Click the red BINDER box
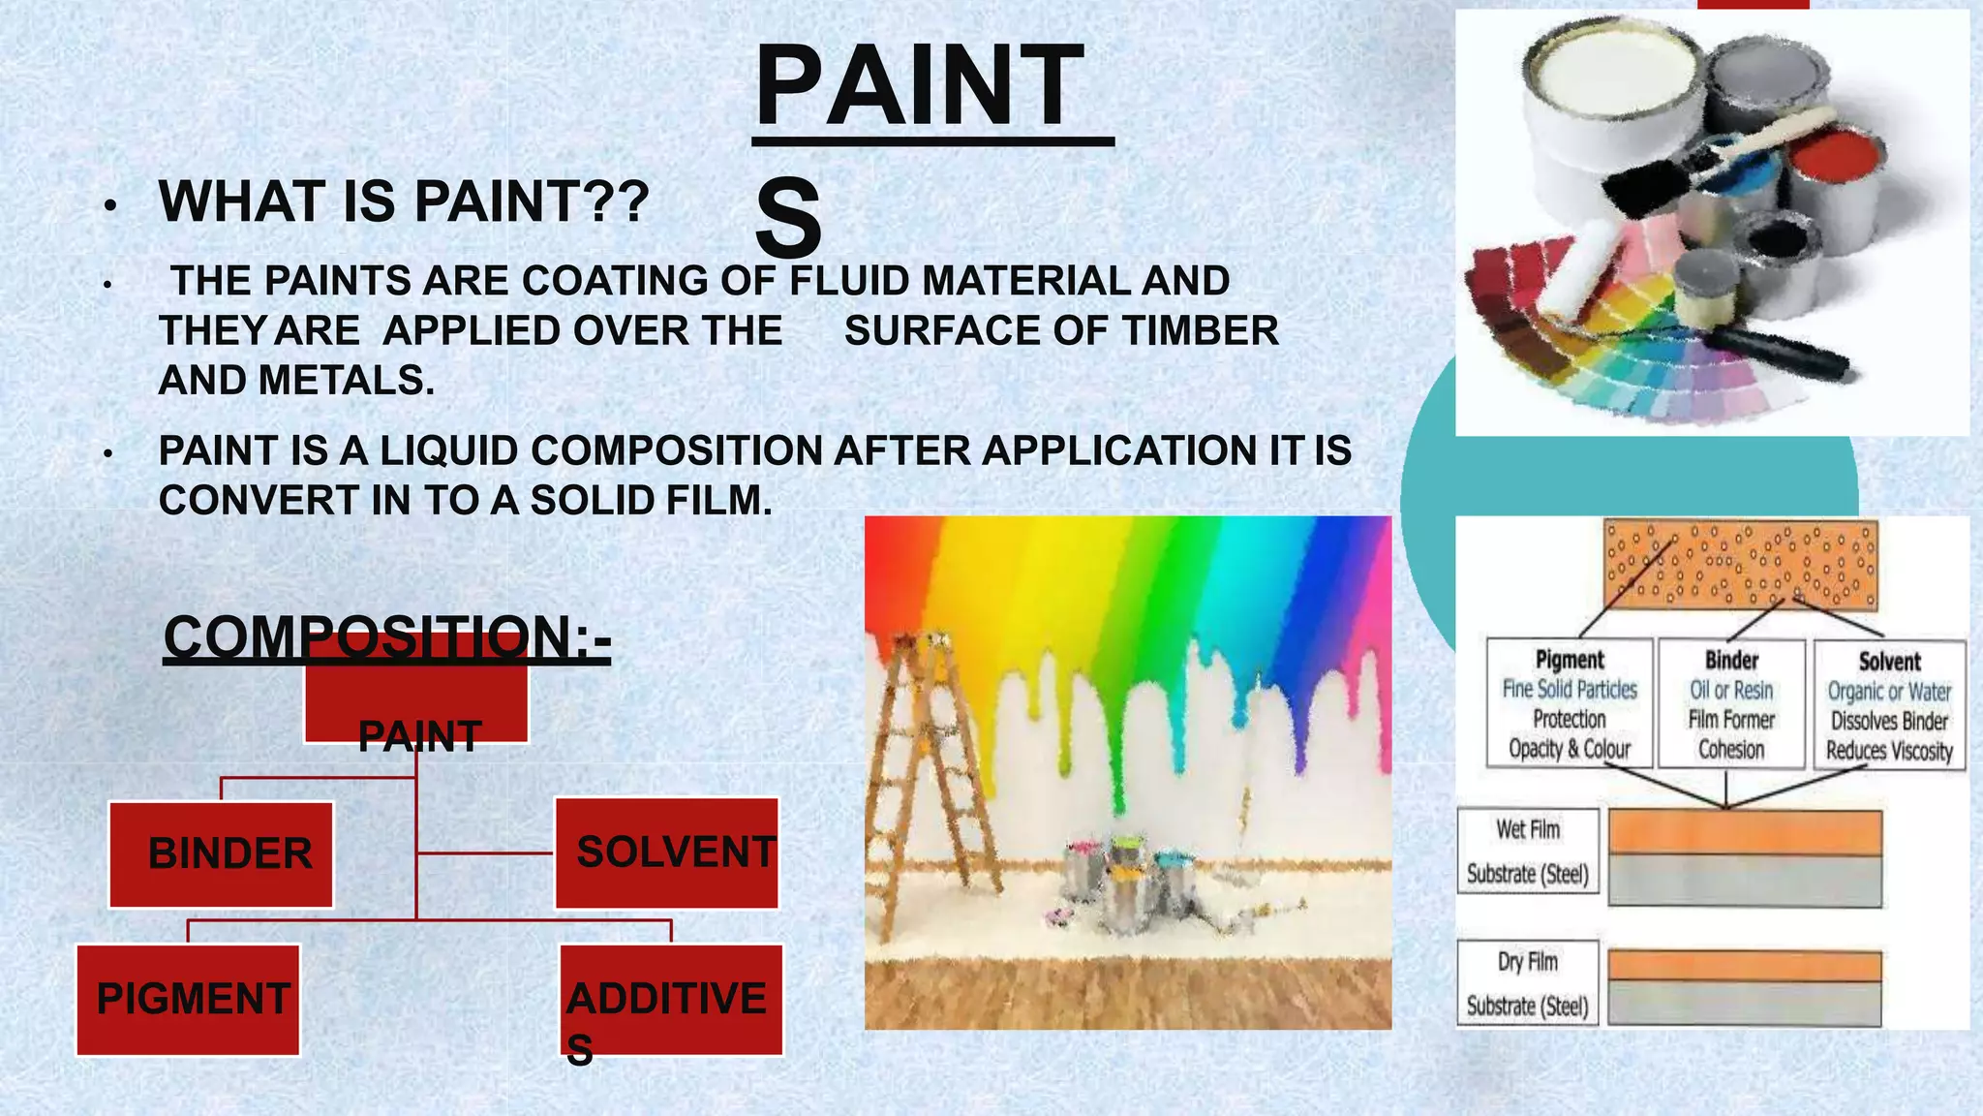click(221, 854)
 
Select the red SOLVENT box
click(666, 852)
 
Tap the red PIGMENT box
click(188, 999)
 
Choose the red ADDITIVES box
click(671, 999)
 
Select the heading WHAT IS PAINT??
click(404, 201)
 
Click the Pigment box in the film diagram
click(1569, 703)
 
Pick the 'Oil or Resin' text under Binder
click(1731, 690)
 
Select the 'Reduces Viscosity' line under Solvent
click(1889, 751)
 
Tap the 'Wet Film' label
click(1528, 829)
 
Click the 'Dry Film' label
click(1528, 961)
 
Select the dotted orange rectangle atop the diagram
click(1740, 565)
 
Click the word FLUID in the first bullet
click(850, 281)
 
